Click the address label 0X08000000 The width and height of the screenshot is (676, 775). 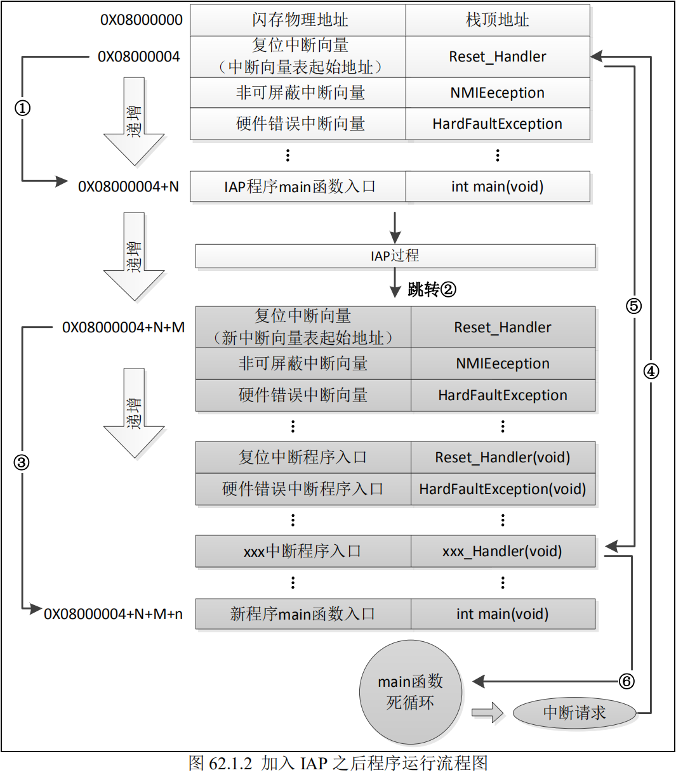(141, 20)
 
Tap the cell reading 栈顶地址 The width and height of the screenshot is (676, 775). (497, 20)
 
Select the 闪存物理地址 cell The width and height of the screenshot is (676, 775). (299, 20)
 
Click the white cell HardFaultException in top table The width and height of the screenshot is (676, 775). (497, 124)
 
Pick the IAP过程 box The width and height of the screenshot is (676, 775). (395, 256)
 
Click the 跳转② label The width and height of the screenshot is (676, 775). (432, 290)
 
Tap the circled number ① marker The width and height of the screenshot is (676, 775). (22, 108)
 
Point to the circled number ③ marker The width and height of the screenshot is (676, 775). (22, 462)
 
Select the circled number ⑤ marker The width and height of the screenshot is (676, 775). (633, 306)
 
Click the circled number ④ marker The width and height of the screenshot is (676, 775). (651, 372)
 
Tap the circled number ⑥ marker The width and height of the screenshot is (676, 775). (626, 681)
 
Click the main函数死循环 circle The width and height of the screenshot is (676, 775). (410, 692)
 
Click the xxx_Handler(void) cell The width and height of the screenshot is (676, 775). (502, 551)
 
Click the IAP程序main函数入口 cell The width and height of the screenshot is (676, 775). (299, 186)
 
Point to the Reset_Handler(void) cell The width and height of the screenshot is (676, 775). (502, 457)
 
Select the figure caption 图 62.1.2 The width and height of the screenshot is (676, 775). (338, 763)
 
